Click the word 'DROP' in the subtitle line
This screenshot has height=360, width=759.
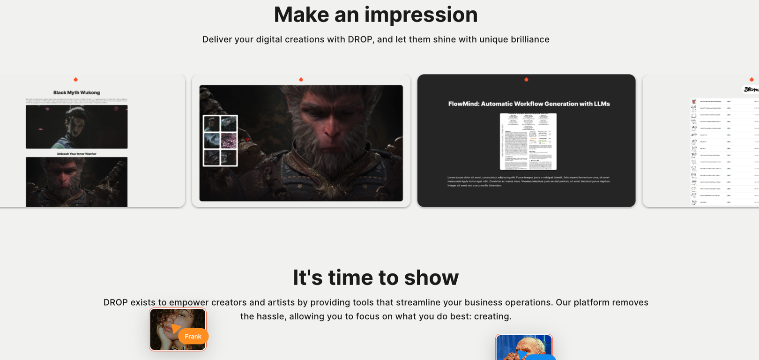360,39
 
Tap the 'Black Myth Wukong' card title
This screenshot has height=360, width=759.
76,92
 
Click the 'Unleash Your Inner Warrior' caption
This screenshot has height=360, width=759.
76,154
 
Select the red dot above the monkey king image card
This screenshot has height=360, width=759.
301,80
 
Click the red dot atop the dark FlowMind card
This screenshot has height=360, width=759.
526,80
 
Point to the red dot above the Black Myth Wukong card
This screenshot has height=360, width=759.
75,80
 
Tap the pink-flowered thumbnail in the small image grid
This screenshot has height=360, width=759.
229,140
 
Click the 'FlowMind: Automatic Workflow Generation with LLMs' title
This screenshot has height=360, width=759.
528,104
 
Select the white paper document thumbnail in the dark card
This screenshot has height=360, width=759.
528,141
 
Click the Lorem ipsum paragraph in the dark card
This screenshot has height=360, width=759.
528,181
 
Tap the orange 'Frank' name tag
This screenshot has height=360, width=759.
193,336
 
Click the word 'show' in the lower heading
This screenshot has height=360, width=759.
431,277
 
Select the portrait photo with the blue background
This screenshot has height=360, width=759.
524,348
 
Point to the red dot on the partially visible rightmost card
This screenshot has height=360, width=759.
752,80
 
